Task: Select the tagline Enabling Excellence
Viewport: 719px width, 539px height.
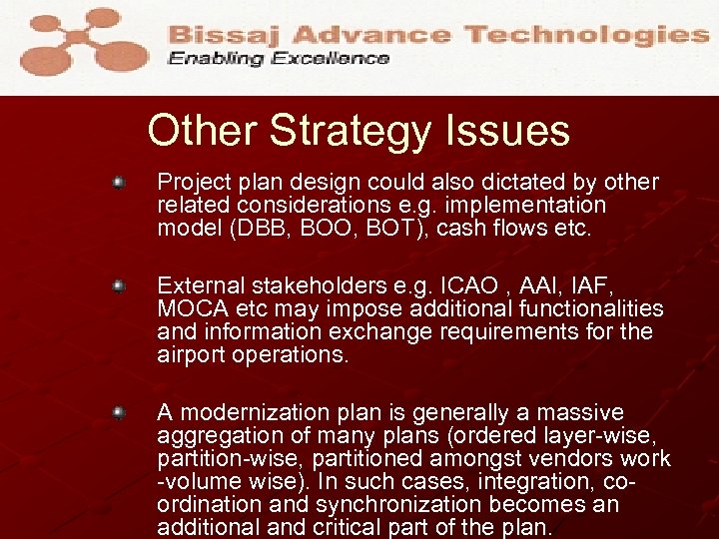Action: [x=279, y=59]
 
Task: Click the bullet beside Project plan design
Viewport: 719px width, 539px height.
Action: [x=118, y=184]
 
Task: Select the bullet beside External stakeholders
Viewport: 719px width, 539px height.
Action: [x=118, y=286]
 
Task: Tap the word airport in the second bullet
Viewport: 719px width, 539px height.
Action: [x=191, y=355]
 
